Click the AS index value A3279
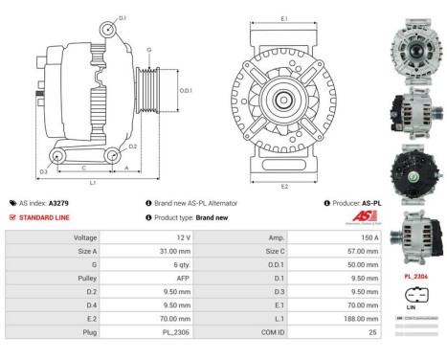click(58, 203)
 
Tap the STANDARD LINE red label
click(42, 217)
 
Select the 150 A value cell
click(369, 236)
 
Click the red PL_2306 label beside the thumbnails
click(416, 276)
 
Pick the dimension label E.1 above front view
click(285, 18)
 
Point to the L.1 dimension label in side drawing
click(93, 181)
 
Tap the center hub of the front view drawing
click(284, 100)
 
